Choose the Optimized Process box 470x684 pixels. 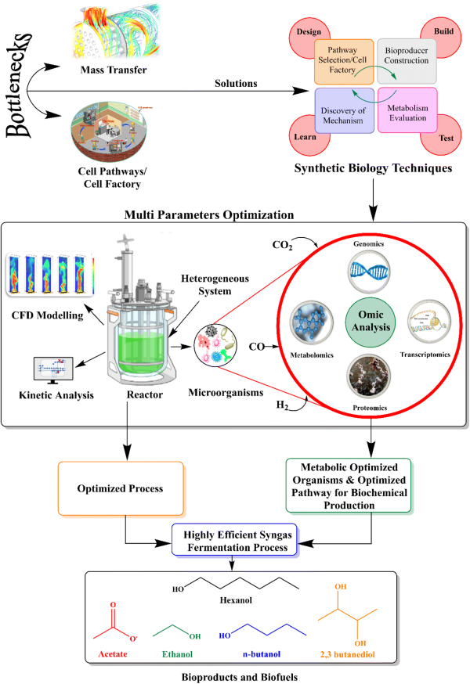point(120,488)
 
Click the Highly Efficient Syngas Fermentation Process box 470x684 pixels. point(235,540)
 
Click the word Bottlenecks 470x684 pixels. point(22,86)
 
